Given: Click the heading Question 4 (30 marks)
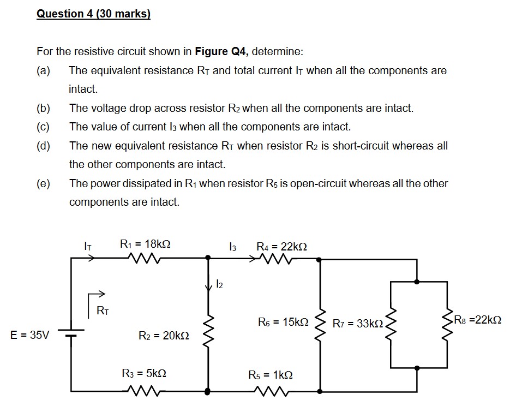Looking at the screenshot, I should pos(93,14).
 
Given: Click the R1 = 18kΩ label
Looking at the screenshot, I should pos(145,244).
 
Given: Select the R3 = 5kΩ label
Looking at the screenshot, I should pos(143,374).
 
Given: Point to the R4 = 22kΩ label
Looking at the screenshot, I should pos(281,247).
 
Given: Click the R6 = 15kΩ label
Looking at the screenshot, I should pos(283,323).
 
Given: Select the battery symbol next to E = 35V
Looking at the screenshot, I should pos(72,333).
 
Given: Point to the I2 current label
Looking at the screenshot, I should pos(219,284).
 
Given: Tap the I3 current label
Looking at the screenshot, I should pos(232,247).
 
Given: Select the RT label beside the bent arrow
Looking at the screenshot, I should pos(102,311).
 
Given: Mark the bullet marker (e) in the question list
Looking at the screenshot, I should pos(43,183).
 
